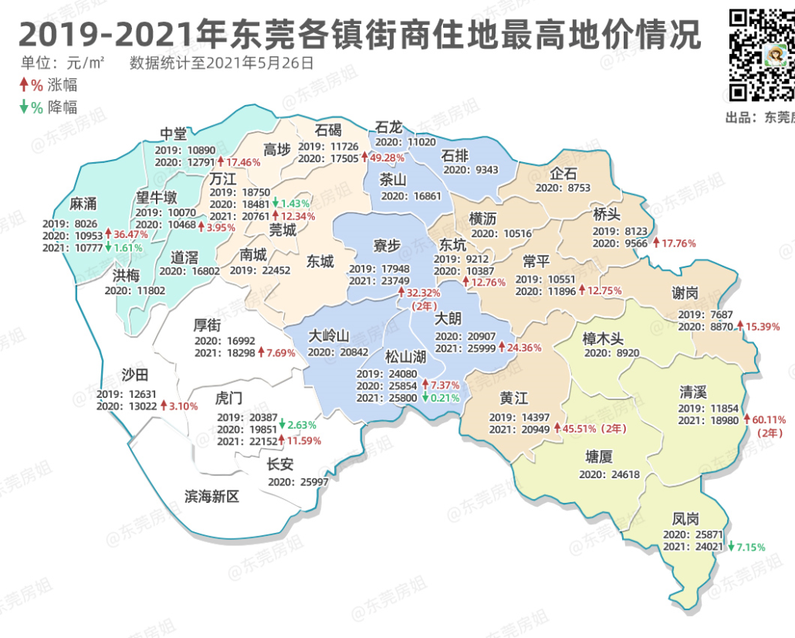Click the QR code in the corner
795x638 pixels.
click(761, 55)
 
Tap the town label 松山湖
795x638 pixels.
click(406, 357)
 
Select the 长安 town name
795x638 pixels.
click(279, 464)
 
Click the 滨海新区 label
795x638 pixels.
click(212, 496)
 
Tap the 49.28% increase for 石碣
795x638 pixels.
click(388, 158)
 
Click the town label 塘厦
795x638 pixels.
click(600, 457)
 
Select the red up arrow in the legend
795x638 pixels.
click(24, 84)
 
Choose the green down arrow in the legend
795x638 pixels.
click(24, 107)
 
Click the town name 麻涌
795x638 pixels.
click(83, 203)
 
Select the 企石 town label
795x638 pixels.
click(563, 171)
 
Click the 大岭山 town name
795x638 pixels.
click(330, 336)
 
